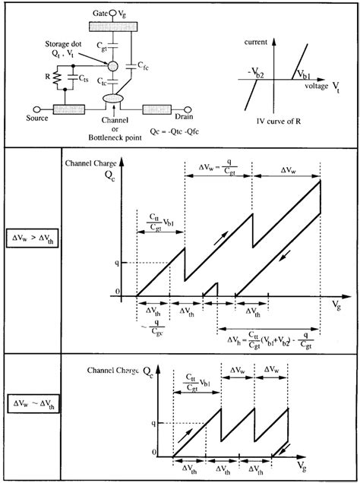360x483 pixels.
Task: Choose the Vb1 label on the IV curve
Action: [x=304, y=74]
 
